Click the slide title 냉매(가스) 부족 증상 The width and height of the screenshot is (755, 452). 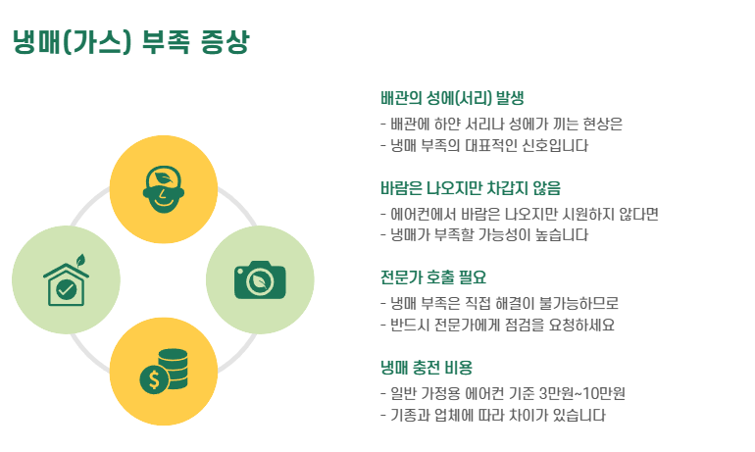(131, 42)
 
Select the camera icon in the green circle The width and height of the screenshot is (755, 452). (260, 279)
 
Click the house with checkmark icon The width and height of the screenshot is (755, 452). (66, 282)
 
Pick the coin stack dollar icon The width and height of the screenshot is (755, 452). (163, 371)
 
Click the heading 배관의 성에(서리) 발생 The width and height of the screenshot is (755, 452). (452, 98)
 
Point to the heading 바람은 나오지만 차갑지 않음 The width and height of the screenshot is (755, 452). (477, 187)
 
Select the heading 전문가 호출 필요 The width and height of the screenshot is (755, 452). (432, 276)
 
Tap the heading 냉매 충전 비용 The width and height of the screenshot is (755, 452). (427, 368)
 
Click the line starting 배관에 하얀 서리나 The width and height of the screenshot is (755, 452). (501, 124)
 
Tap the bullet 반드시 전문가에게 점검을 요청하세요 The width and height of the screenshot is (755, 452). (496, 325)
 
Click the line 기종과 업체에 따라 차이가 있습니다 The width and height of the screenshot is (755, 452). (492, 415)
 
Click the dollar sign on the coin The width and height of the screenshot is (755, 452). (151, 379)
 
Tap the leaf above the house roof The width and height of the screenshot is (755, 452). (81, 261)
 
